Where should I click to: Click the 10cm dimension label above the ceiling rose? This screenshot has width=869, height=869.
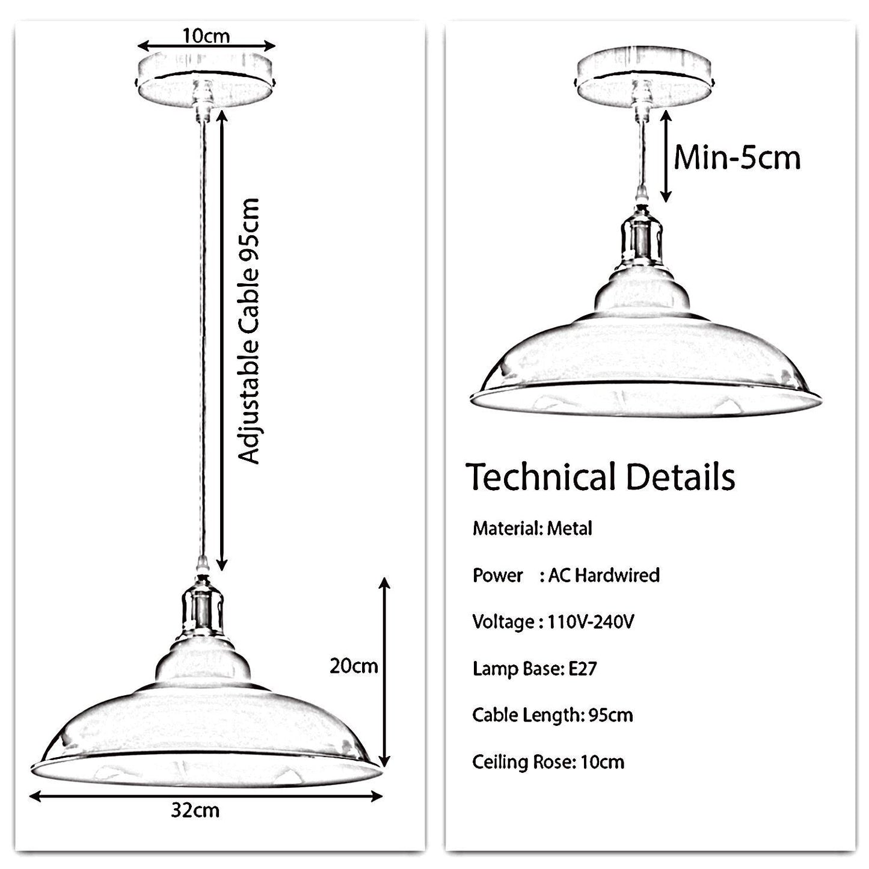(x=206, y=35)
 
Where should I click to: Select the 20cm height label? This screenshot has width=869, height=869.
(x=354, y=666)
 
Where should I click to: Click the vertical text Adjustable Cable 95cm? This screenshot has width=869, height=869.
(x=249, y=331)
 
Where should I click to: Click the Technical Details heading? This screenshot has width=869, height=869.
(x=600, y=477)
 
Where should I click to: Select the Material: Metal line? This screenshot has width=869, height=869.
(x=532, y=529)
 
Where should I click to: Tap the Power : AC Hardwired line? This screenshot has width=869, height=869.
(x=566, y=576)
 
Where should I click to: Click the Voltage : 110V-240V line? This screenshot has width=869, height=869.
(x=553, y=622)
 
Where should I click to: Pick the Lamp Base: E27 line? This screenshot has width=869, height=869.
(x=535, y=668)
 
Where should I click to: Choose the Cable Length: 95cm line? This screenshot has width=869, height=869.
(x=553, y=715)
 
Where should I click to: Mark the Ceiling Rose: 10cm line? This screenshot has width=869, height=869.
(x=548, y=762)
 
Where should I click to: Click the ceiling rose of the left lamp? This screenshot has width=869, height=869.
(x=206, y=80)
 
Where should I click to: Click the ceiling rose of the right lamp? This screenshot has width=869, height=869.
(x=645, y=78)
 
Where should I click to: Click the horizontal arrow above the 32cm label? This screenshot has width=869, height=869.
(x=206, y=797)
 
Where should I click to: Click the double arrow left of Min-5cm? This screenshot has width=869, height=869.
(x=666, y=157)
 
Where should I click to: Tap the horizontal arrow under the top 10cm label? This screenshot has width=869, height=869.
(x=206, y=46)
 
